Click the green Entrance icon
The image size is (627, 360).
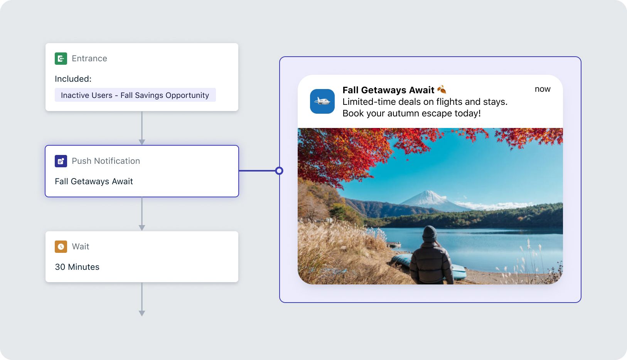[61, 59]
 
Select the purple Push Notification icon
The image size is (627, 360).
[61, 161]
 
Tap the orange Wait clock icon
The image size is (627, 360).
[61, 247]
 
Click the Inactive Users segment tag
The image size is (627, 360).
[135, 95]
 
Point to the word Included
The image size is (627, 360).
[73, 79]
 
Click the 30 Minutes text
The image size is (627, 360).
[77, 267]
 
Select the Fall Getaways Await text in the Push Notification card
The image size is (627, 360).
[94, 181]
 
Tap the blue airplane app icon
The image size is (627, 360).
[322, 101]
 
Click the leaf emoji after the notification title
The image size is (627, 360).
[442, 89]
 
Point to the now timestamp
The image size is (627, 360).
[543, 89]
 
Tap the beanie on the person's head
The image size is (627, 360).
[430, 234]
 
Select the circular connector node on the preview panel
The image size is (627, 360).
[279, 171]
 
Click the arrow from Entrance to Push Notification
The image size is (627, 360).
[142, 128]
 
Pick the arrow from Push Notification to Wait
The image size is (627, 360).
[142, 214]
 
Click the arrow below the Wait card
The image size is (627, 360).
[142, 299]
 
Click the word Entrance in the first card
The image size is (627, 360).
[89, 59]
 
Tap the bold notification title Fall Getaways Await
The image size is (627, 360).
[388, 90]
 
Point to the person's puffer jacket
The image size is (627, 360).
[430, 263]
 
